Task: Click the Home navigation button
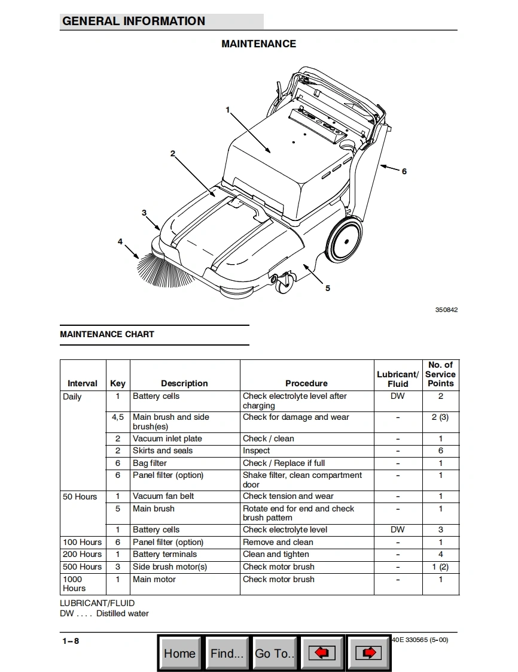click(x=180, y=653)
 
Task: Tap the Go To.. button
click(x=275, y=653)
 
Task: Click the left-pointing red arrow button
click(x=322, y=653)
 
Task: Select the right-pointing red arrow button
click(x=368, y=653)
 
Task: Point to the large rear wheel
click(x=345, y=239)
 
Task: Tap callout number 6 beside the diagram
click(x=404, y=171)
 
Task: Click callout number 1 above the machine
click(x=228, y=110)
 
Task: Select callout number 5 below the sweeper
click(x=328, y=288)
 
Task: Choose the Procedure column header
click(x=306, y=383)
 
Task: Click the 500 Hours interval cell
click(x=82, y=567)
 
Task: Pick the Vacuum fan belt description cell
click(x=163, y=496)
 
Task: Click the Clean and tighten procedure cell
click(x=276, y=554)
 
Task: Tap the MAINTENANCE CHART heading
click(x=107, y=334)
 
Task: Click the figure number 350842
click(x=446, y=310)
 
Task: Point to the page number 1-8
click(x=71, y=641)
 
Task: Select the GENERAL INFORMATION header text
click(x=133, y=21)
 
